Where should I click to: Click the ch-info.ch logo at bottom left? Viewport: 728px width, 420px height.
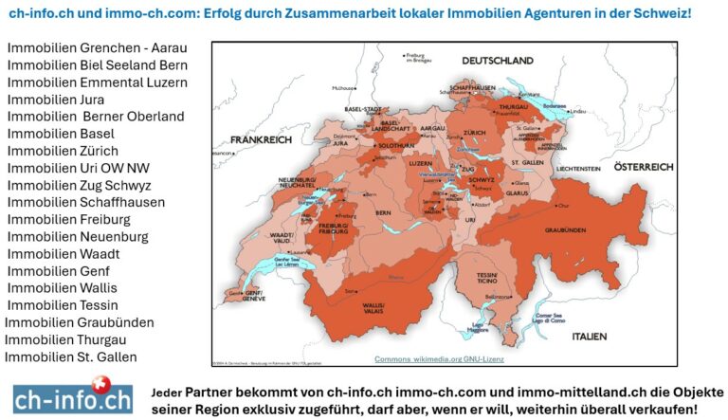[x=73, y=396]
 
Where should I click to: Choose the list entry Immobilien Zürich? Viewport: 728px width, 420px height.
[x=63, y=151]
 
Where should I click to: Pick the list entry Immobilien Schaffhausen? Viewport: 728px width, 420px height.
[x=86, y=202]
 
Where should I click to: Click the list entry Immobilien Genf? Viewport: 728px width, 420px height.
[x=55, y=271]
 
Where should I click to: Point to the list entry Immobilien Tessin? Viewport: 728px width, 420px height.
[x=63, y=305]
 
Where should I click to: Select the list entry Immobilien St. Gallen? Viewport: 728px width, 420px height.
[x=70, y=356]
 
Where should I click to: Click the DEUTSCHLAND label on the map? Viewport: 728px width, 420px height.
[x=499, y=61]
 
